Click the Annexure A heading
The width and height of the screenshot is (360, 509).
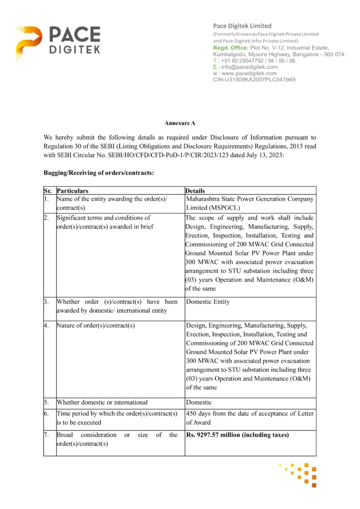(x=180, y=122)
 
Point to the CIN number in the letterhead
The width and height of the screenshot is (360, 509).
(x=254, y=79)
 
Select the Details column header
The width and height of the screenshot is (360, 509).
(x=195, y=190)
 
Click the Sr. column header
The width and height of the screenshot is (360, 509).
(x=48, y=190)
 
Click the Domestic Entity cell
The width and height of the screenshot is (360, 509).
(x=208, y=302)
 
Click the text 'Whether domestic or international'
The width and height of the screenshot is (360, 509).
(x=102, y=402)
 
